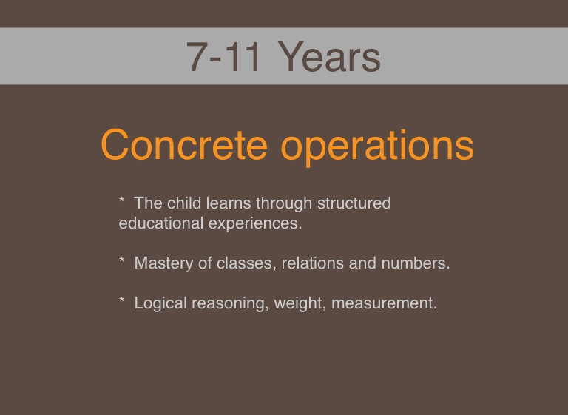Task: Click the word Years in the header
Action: click(329, 57)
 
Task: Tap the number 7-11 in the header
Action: click(223, 57)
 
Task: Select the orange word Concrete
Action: click(184, 144)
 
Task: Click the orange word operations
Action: click(377, 146)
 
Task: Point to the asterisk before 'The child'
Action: click(122, 200)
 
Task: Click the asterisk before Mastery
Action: click(122, 260)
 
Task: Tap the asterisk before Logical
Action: click(122, 300)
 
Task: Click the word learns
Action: click(229, 203)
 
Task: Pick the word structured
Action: click(354, 203)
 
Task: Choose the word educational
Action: click(161, 223)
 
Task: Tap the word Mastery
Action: click(163, 264)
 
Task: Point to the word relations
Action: click(313, 263)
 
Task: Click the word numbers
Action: click(416, 263)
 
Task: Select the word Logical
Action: click(160, 304)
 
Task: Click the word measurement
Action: click(385, 304)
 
